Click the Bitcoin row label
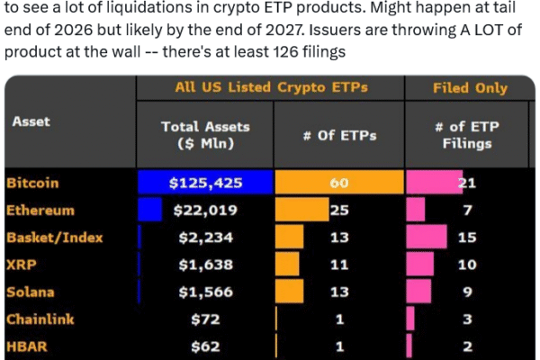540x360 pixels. click(32, 183)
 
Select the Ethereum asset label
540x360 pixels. click(40, 211)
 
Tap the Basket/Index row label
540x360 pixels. click(54, 238)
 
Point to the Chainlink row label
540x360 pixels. click(40, 319)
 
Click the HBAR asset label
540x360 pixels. click(26, 346)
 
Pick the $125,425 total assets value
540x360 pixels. click(204, 183)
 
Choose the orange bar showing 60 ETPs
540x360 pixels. click(337, 183)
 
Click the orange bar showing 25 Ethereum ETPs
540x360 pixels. click(301, 211)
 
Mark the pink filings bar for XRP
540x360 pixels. click(421, 265)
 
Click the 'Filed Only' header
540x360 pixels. click(470, 88)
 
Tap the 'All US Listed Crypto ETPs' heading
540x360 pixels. click(270, 88)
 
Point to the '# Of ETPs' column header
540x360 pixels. click(339, 136)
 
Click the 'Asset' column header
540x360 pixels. click(32, 121)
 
